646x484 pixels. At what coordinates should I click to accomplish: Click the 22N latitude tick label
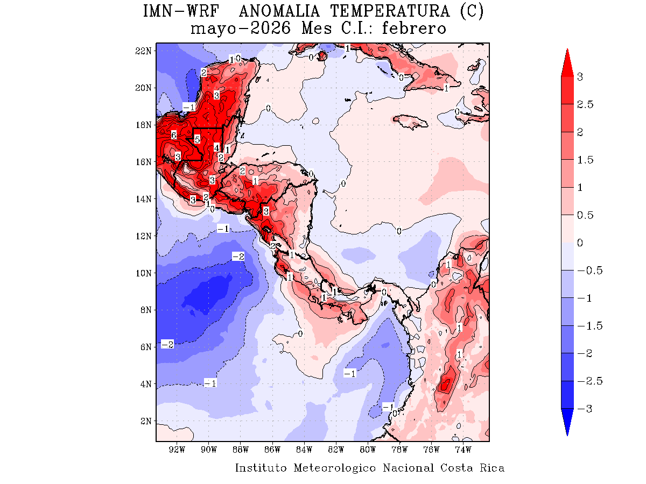coord(144,51)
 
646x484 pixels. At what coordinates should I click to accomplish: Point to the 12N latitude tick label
coord(144,236)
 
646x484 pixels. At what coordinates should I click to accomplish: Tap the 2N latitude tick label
coord(146,421)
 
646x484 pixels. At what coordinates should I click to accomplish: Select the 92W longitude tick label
coord(177,449)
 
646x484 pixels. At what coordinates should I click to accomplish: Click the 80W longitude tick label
coord(368,449)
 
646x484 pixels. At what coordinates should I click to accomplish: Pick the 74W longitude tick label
coord(463,449)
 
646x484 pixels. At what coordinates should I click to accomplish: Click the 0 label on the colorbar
coord(580,243)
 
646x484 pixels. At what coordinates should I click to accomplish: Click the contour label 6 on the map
coord(174,136)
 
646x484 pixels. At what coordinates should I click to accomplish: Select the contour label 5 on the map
coord(197,139)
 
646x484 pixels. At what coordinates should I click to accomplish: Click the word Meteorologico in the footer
coord(335,468)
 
